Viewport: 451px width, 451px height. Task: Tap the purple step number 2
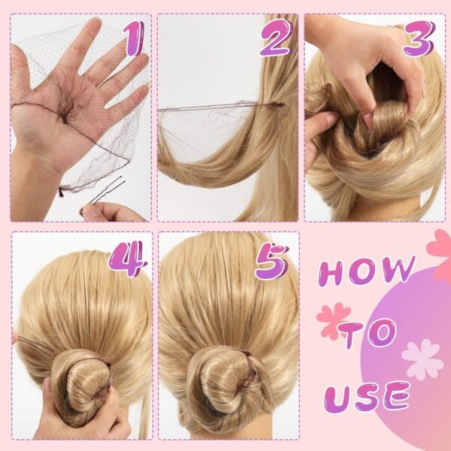(x=277, y=38)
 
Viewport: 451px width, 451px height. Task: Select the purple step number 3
(x=419, y=38)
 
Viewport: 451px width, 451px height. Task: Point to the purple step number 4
(x=128, y=259)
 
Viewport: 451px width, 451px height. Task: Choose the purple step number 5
(x=271, y=262)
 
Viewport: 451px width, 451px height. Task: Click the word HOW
(x=367, y=271)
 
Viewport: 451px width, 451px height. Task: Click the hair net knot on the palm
(x=65, y=120)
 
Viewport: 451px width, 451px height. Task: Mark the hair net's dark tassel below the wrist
(x=61, y=191)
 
